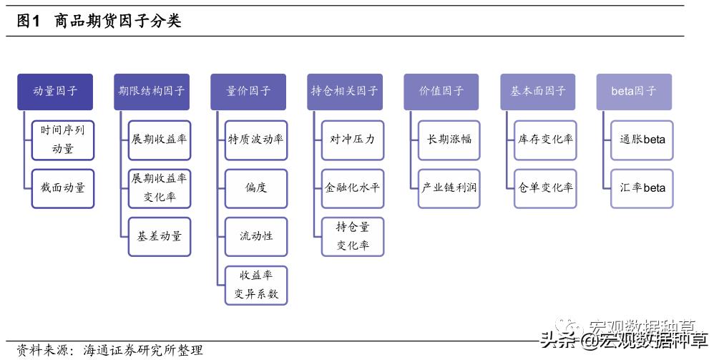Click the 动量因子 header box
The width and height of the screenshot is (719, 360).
(55, 92)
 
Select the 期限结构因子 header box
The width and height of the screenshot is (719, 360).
(152, 92)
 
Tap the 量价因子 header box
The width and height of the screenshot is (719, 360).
(248, 92)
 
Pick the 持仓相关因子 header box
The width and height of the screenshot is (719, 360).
(345, 92)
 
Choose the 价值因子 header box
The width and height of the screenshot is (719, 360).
(441, 92)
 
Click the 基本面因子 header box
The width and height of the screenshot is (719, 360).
(538, 92)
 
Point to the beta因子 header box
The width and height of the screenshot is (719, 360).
(634, 92)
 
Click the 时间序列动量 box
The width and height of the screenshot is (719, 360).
(63, 140)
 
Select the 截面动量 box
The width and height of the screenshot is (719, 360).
(63, 188)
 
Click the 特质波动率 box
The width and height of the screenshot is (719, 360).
(255, 140)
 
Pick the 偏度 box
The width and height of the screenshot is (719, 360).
(255, 188)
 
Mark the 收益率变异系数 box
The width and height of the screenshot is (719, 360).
(255, 285)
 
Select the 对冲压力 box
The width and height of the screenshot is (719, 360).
(352, 140)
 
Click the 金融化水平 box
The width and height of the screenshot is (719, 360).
(352, 188)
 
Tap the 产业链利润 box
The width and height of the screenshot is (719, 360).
(449, 188)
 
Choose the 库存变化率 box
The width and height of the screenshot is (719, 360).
(545, 140)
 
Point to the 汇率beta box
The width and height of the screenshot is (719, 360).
(642, 188)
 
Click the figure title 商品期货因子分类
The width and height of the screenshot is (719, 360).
(118, 21)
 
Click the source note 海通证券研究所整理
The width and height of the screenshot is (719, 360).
(143, 350)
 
